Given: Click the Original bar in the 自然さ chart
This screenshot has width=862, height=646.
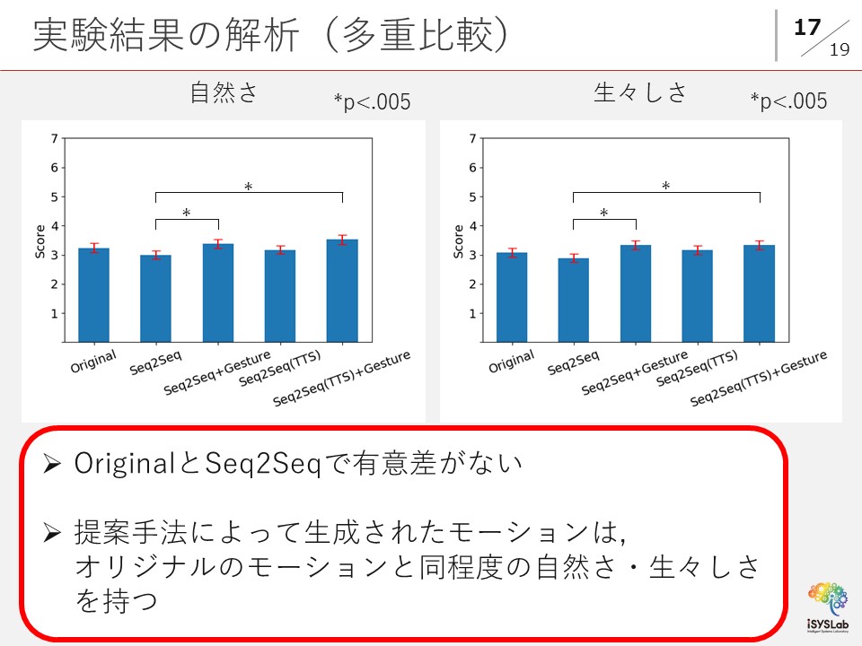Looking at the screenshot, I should pos(93,295).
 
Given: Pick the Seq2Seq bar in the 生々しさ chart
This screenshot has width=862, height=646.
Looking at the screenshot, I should pos(573,300).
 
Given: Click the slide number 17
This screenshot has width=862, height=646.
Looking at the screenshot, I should pos(808,28).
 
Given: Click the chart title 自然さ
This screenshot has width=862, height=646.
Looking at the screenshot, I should pos(224,92).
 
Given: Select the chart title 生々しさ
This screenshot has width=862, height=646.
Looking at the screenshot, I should pos(640,92).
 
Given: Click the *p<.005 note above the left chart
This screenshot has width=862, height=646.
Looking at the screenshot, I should pos(372,102).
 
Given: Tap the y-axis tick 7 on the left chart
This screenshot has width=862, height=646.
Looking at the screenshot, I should pos(55,138).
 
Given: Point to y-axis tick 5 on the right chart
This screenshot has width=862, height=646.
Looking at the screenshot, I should pos(472,196).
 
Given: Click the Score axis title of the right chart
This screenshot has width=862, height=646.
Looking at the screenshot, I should pos(459,241).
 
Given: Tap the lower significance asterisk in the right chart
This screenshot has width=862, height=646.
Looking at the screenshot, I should pos(604,214).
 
